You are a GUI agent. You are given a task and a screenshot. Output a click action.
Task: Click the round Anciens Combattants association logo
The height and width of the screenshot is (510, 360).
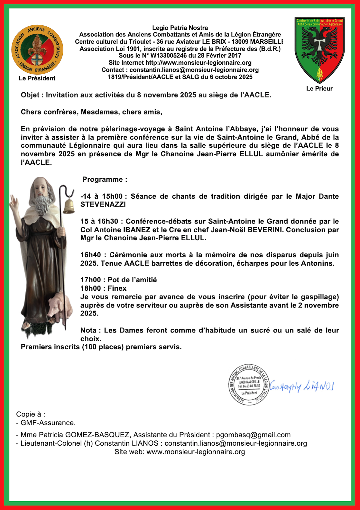click(37, 50)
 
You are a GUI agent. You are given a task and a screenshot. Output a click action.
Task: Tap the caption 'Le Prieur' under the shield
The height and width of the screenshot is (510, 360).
click(319, 88)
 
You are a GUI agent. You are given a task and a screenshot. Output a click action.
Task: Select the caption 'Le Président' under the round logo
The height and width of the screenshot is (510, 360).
click(37, 78)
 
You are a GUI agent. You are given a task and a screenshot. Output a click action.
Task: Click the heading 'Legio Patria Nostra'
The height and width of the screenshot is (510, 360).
click(180, 28)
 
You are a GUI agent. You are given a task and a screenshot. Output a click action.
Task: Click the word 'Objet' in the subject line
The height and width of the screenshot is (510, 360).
click(30, 95)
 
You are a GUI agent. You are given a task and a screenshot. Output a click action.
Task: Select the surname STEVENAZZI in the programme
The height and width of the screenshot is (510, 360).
click(103, 205)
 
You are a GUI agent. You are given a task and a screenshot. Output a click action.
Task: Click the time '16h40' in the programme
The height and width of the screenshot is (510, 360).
click(90, 255)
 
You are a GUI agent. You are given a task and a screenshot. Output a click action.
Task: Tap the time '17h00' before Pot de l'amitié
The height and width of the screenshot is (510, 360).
click(90, 280)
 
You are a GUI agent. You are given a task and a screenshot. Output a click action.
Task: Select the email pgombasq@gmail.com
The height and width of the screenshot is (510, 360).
click(253, 435)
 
